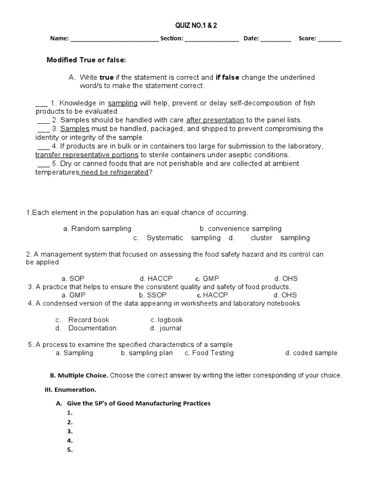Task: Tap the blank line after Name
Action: (x=115, y=40)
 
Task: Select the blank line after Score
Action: (x=330, y=40)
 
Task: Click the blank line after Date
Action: (x=276, y=40)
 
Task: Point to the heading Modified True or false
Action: (x=86, y=60)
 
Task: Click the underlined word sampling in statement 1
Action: (x=123, y=103)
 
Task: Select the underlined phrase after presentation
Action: (x=215, y=120)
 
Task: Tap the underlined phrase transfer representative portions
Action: (x=87, y=155)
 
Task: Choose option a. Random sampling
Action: (x=97, y=229)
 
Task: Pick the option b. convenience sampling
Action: (x=240, y=229)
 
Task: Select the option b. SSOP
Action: (x=149, y=295)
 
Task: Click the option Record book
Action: (x=88, y=320)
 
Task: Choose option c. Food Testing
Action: (x=209, y=353)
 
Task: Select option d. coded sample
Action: (x=311, y=353)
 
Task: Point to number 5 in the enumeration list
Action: (x=70, y=450)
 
